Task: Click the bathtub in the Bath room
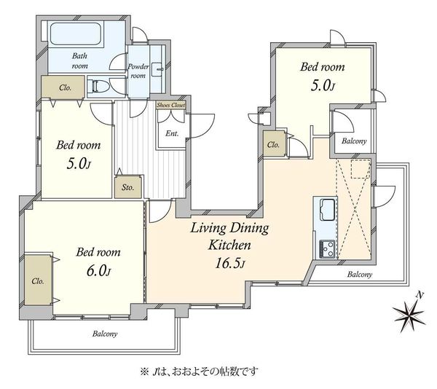pyautogui.click(x=75, y=34)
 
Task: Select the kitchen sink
pyautogui.click(x=328, y=209)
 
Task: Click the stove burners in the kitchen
pyautogui.click(x=328, y=249)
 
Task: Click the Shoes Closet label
pyautogui.click(x=171, y=105)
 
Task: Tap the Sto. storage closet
pyautogui.click(x=128, y=187)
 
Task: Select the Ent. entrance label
pyautogui.click(x=172, y=133)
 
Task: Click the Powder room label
pyautogui.click(x=138, y=71)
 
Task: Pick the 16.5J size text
pyautogui.click(x=230, y=263)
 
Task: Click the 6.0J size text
pyautogui.click(x=99, y=270)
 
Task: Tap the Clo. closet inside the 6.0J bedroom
pyautogui.click(x=38, y=280)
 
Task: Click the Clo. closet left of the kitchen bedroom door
pyautogui.click(x=275, y=144)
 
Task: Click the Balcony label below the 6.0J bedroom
pyautogui.click(x=105, y=334)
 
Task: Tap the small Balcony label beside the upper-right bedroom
pyautogui.click(x=354, y=141)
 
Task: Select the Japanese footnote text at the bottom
pyautogui.click(x=200, y=372)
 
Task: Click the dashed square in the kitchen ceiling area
pyautogui.click(x=360, y=170)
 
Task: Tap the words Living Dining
pyautogui.click(x=229, y=229)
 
